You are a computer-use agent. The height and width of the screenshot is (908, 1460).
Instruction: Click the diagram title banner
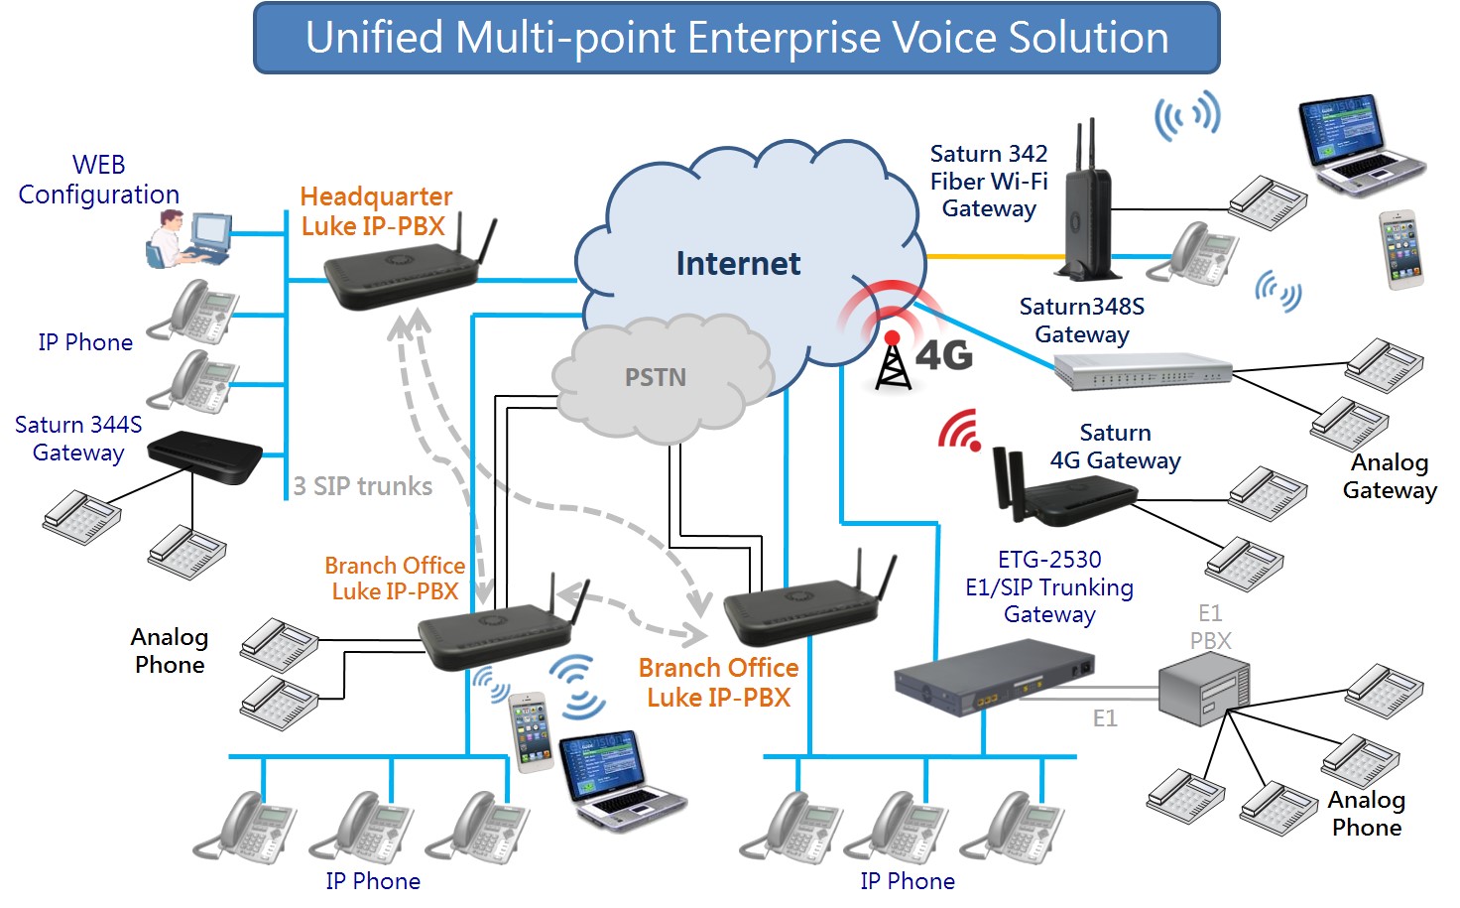[736, 38]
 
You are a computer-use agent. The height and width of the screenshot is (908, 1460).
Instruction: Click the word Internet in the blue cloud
[738, 264]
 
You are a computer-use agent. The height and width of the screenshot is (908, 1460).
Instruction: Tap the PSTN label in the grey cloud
[655, 378]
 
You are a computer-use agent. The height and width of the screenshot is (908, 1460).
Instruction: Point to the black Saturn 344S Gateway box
[204, 457]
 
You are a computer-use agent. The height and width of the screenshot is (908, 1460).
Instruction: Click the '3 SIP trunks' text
[363, 486]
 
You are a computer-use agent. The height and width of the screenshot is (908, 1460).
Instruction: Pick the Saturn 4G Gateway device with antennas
[1066, 491]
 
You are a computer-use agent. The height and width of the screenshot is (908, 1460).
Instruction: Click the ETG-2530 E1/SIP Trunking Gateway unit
[992, 680]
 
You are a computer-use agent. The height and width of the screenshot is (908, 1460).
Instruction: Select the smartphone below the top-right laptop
[1401, 249]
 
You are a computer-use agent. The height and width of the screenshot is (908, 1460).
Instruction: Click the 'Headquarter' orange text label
[376, 196]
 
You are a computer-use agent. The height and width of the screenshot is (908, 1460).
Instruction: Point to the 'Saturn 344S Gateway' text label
[78, 439]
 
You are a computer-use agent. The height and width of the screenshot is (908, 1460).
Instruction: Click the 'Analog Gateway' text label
[1389, 476]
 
